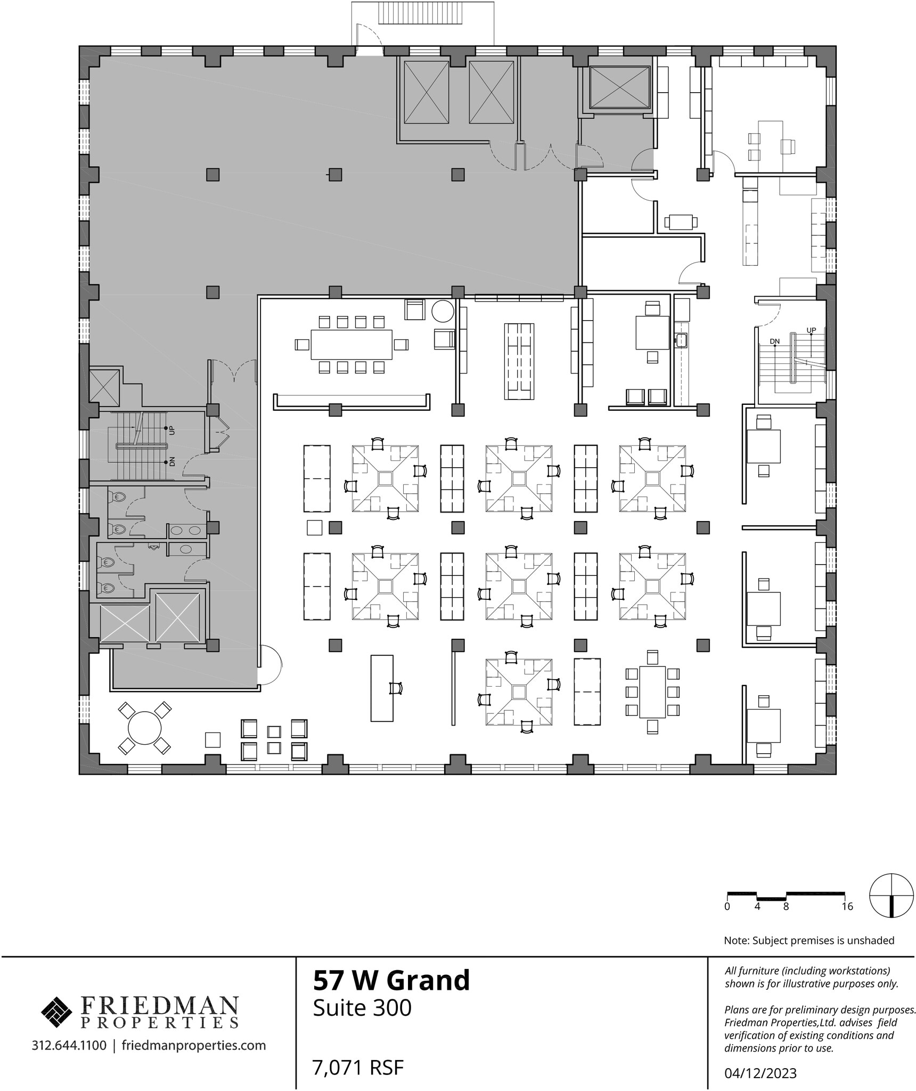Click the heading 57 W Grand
pyautogui.click(x=391, y=980)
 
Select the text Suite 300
pyautogui.click(x=362, y=1008)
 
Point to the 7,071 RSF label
pyautogui.click(x=358, y=1068)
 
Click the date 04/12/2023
pyautogui.click(x=760, y=1073)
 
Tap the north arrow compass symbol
pyautogui.click(x=892, y=895)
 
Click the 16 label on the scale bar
pyautogui.click(x=847, y=907)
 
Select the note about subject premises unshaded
pyautogui.click(x=809, y=941)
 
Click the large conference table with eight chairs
pyautogui.click(x=351, y=345)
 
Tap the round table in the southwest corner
pyautogui.click(x=145, y=728)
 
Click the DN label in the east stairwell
pyautogui.click(x=775, y=341)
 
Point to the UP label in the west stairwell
pyautogui.click(x=171, y=429)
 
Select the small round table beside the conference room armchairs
pyautogui.click(x=443, y=311)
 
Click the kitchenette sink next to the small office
pyautogui.click(x=681, y=339)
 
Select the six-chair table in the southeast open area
pyautogui.click(x=652, y=692)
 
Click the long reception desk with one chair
pyautogui.click(x=382, y=688)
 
